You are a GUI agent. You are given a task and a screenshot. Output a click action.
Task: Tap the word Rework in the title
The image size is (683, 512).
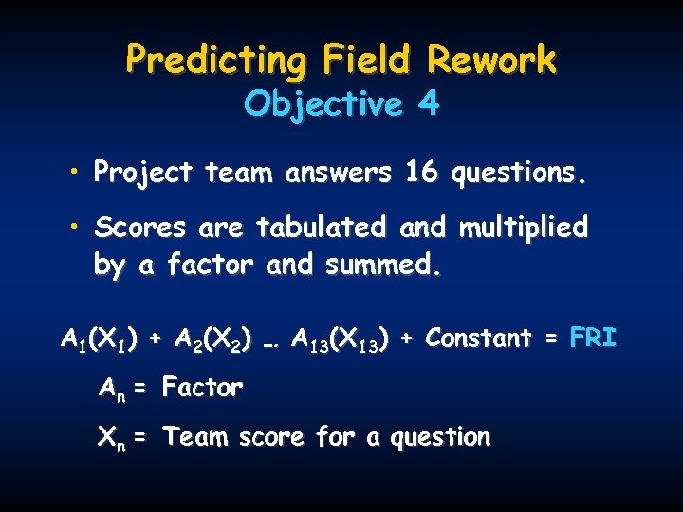pos(491,60)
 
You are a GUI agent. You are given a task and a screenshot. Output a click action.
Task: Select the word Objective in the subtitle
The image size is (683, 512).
pos(323,103)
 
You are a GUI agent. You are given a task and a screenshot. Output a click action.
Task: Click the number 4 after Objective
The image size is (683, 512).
pos(429,103)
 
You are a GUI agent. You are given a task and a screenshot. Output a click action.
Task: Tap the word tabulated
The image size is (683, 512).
pos(322,228)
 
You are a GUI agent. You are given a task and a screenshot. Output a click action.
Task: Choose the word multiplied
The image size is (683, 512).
pos(523,228)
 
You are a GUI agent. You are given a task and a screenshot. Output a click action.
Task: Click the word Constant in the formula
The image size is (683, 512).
pos(478,338)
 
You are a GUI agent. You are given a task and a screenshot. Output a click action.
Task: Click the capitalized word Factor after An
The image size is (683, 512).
pos(202,387)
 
